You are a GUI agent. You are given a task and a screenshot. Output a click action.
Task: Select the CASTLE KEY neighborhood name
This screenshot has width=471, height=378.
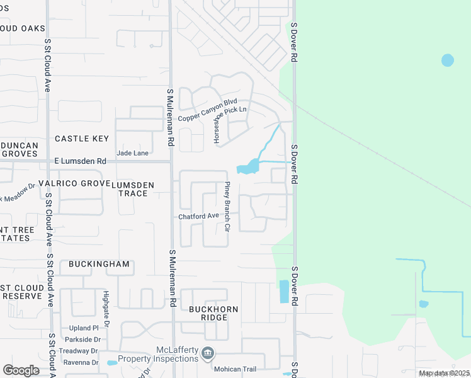tap(82, 139)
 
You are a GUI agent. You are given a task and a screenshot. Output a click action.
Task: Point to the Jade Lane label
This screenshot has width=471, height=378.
tap(133, 153)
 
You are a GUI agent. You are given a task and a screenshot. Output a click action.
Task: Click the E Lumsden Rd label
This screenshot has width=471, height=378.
tap(80, 161)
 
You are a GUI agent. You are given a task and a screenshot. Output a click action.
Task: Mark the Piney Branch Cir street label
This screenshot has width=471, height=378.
tap(228, 206)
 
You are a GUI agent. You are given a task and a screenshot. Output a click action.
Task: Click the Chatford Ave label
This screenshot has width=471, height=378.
tap(198, 216)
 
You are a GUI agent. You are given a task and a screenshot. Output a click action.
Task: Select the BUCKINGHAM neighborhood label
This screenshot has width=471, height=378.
tap(99, 263)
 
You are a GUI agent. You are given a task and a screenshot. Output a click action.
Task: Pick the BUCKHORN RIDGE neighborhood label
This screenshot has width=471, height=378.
tap(208, 313)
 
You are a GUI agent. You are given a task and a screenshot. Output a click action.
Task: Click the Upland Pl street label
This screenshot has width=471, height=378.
tap(85, 328)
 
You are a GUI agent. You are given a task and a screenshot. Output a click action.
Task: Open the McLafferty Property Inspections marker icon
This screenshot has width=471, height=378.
tap(208, 353)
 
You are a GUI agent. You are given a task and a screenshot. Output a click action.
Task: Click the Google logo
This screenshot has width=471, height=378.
tap(21, 370)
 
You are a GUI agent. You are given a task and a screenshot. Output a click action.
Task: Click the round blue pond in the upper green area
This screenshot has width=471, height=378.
tap(447, 60)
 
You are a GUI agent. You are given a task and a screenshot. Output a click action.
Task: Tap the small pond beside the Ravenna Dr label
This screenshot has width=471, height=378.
tap(112, 363)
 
